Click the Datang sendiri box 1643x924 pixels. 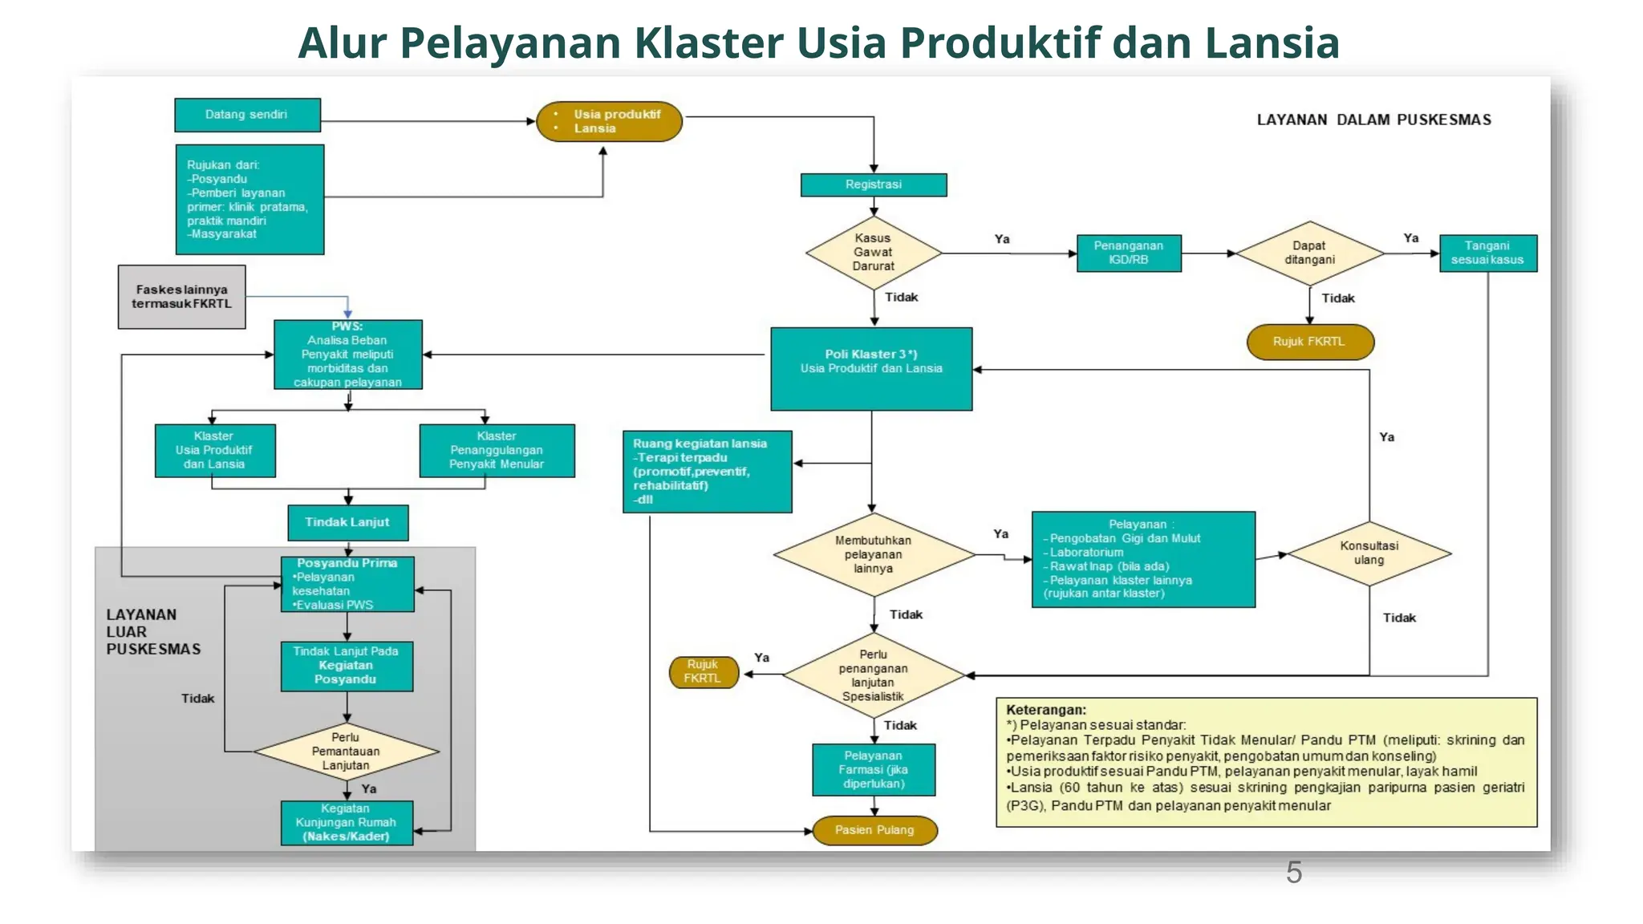[x=247, y=115]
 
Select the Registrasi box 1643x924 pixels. [x=873, y=184]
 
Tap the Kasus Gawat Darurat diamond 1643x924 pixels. [x=873, y=253]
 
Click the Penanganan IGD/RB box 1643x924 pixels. [x=1128, y=253]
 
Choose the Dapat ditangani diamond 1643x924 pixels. [x=1309, y=253]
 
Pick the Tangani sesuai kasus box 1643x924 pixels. [x=1487, y=253]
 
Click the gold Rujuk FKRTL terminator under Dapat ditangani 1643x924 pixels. [x=1309, y=342]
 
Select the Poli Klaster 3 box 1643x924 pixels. [x=871, y=368]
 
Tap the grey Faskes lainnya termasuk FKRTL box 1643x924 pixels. [x=181, y=297]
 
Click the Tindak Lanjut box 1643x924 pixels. [x=347, y=522]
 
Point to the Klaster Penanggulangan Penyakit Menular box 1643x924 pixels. [x=497, y=451]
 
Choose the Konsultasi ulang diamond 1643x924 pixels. [x=1369, y=553]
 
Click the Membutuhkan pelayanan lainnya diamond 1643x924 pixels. [x=873, y=554]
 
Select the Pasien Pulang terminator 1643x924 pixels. [x=874, y=830]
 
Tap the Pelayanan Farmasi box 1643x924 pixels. [x=873, y=770]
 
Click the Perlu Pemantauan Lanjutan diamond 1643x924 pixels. [x=346, y=752]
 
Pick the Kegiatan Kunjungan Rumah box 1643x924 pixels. [x=347, y=823]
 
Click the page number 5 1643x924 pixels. [x=1293, y=873]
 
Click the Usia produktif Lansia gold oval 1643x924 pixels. [x=609, y=121]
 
